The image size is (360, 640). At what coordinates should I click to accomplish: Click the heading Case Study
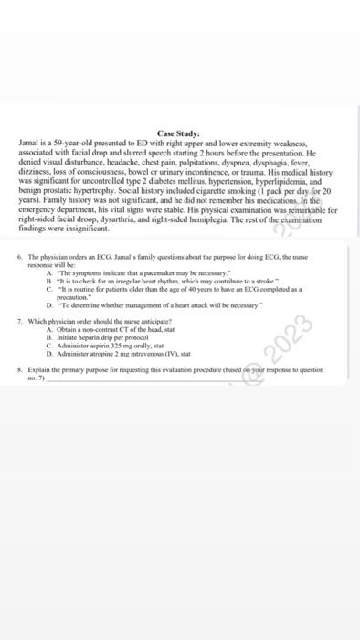[179, 134]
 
